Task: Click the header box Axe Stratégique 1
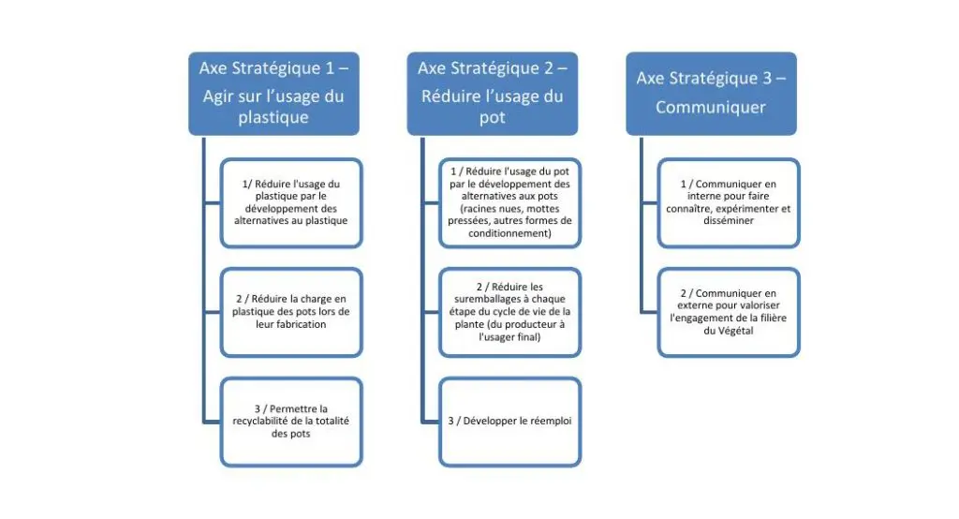click(273, 94)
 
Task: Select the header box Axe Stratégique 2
click(492, 94)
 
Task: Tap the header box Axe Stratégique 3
click(711, 94)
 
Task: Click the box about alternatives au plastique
click(290, 202)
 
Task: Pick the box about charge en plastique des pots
click(290, 311)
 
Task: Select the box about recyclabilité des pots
click(290, 421)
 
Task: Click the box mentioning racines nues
click(509, 202)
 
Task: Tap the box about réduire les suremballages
click(509, 311)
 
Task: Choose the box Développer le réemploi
click(509, 421)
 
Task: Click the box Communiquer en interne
click(729, 202)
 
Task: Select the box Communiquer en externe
click(729, 311)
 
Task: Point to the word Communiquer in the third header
click(711, 108)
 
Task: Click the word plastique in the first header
click(273, 119)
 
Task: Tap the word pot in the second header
click(492, 119)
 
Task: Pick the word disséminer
click(729, 221)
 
